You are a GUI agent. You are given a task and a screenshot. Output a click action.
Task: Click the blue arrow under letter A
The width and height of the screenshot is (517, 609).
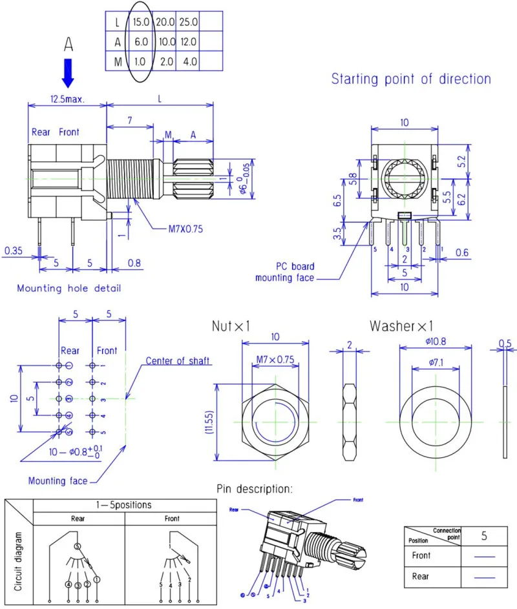coord(68,72)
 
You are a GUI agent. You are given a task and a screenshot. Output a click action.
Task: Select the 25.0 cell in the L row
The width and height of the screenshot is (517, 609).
coord(188,21)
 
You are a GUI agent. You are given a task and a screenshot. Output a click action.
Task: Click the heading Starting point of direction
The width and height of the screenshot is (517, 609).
coord(411,79)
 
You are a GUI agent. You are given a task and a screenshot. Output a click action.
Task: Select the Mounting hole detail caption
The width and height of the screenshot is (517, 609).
coord(69,288)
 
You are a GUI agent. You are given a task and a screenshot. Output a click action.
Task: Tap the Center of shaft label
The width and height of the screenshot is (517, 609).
coord(178,361)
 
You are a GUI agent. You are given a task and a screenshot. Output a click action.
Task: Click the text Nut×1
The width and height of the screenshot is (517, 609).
coord(231,327)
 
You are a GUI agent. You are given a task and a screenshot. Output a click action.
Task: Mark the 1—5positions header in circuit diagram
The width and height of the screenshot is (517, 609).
coord(125,504)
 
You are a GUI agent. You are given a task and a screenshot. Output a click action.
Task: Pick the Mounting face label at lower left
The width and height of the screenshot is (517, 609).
coord(58,480)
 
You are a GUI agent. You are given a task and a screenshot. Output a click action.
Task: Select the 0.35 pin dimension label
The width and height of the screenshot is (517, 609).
coord(14,250)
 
